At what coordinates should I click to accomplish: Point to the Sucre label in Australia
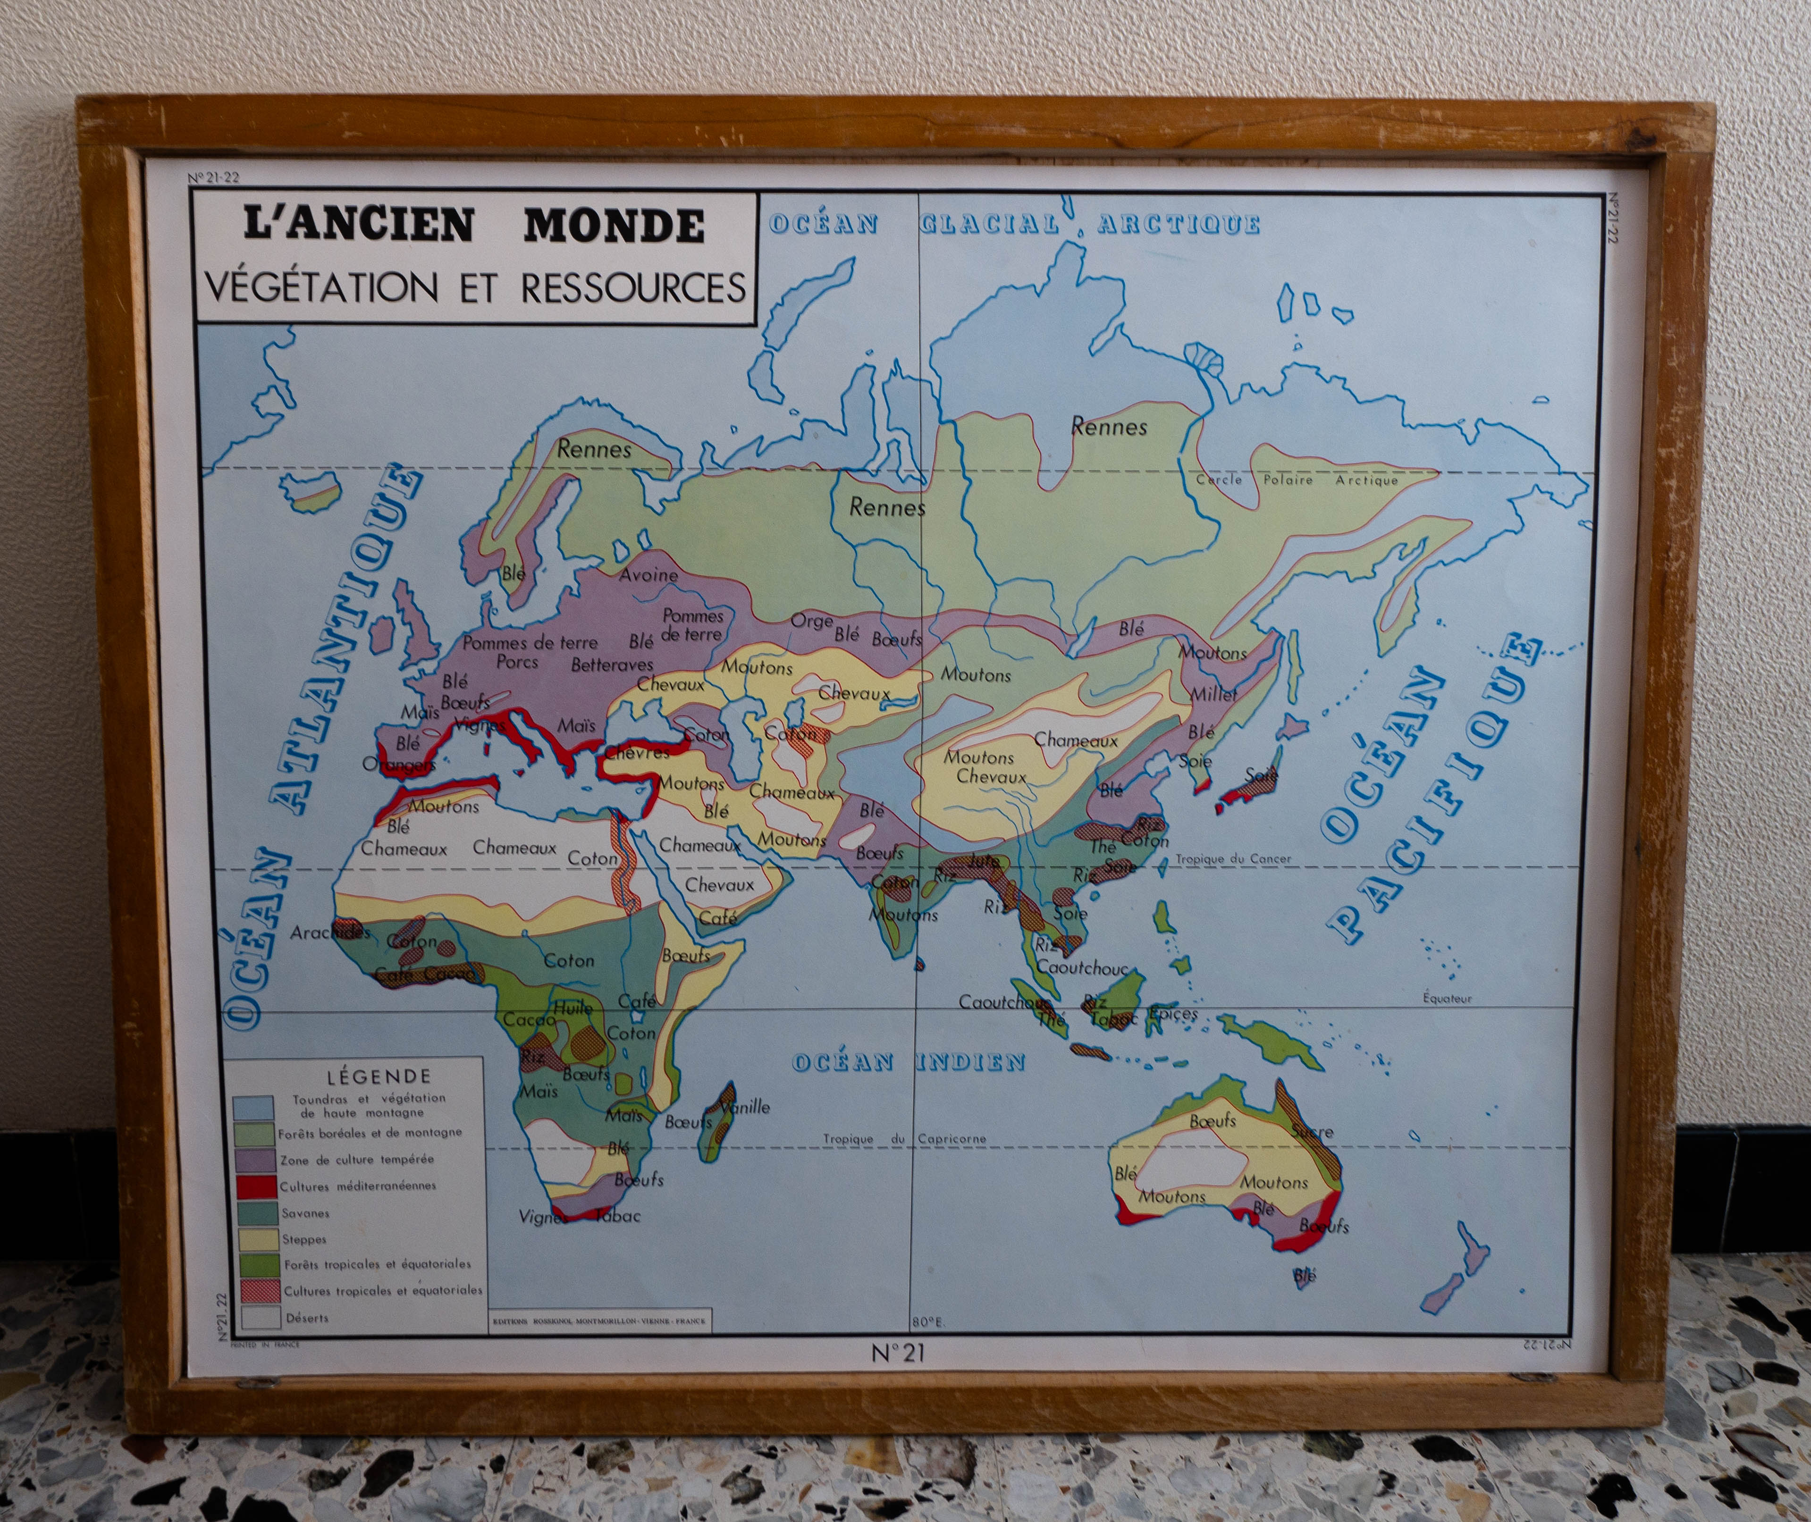point(1312,1131)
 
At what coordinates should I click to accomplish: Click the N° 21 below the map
point(897,1353)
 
